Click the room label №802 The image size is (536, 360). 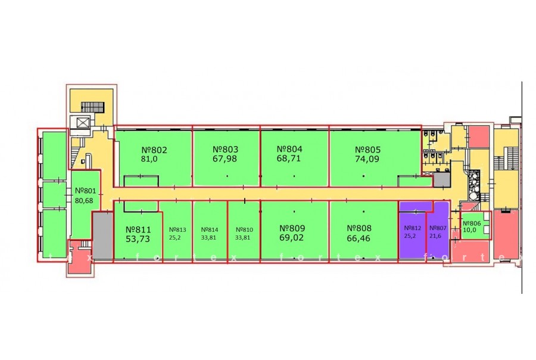[154, 150]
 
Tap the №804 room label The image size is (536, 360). [291, 150]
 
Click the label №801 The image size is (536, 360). [86, 191]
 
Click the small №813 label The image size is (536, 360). [177, 229]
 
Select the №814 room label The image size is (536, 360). [210, 229]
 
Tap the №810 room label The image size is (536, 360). [244, 229]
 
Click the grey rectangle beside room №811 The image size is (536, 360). [102, 237]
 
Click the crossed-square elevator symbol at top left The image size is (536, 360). [80, 123]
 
